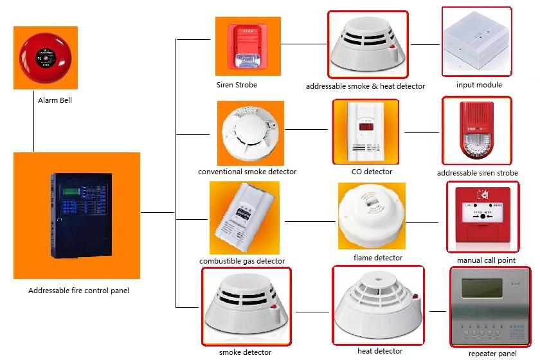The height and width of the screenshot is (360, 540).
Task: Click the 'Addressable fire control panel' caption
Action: point(78,291)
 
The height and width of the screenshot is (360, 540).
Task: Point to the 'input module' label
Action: point(479,85)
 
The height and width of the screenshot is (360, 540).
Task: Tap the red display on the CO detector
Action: point(365,127)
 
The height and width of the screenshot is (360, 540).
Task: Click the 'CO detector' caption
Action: point(372,172)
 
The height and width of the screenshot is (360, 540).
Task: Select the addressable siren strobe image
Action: point(476,131)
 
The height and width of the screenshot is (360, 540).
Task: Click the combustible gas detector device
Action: point(244,219)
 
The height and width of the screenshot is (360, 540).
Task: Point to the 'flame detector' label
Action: point(378,258)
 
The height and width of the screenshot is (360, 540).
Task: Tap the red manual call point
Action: point(482,215)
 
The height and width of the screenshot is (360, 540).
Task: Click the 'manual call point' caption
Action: point(485,260)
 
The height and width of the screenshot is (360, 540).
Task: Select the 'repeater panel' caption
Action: point(492,354)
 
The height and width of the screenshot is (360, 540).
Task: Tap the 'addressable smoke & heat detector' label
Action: point(365,86)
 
